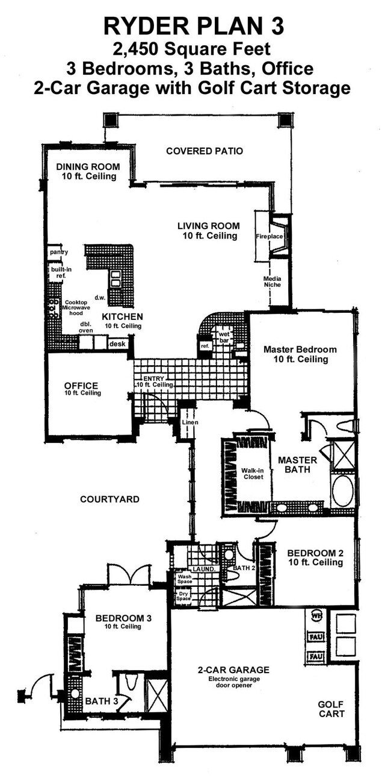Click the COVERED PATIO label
click(205, 151)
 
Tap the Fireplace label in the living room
click(269, 236)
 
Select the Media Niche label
click(272, 282)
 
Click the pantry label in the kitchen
click(58, 252)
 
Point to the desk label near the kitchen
click(117, 343)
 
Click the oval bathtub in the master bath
click(342, 491)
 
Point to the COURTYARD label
click(109, 499)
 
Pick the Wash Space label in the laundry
click(184, 580)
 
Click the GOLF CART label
click(331, 709)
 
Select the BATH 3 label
click(98, 701)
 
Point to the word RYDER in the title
click(139, 26)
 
